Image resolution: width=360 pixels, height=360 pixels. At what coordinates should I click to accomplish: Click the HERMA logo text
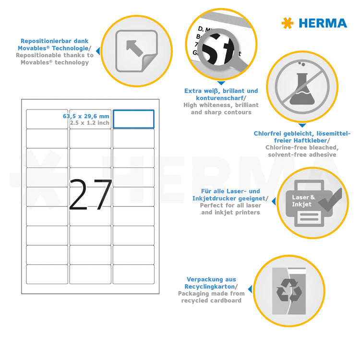(322, 23)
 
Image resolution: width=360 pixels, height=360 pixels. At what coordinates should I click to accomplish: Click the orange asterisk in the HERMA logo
(287, 23)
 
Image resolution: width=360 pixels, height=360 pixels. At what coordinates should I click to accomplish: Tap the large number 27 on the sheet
(90, 195)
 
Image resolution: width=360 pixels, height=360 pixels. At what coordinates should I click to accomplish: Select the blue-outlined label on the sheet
(133, 119)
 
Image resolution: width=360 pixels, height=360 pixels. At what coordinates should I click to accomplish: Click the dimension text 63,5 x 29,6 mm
(86, 116)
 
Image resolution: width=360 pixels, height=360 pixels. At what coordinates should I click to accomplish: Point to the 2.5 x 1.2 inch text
(89, 123)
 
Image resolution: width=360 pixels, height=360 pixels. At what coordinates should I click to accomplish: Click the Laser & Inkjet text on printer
(304, 201)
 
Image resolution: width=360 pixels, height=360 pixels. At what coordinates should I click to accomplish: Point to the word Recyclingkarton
(209, 286)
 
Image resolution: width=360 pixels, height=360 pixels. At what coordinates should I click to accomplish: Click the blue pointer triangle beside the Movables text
(98, 50)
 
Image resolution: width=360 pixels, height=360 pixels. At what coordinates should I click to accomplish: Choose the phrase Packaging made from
(211, 293)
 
